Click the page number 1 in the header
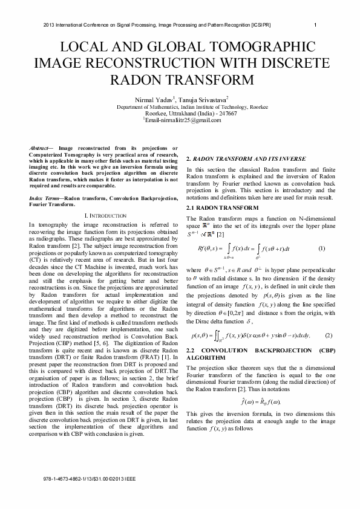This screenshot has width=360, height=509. [316, 25]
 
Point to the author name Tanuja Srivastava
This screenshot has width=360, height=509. [203, 99]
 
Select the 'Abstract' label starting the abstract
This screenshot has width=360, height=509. [41, 148]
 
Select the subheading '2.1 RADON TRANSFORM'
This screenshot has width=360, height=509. [218, 208]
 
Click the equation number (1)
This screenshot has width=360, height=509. [322, 249]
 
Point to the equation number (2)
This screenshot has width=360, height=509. [329, 336]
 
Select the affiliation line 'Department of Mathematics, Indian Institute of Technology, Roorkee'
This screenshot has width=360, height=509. [180, 106]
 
